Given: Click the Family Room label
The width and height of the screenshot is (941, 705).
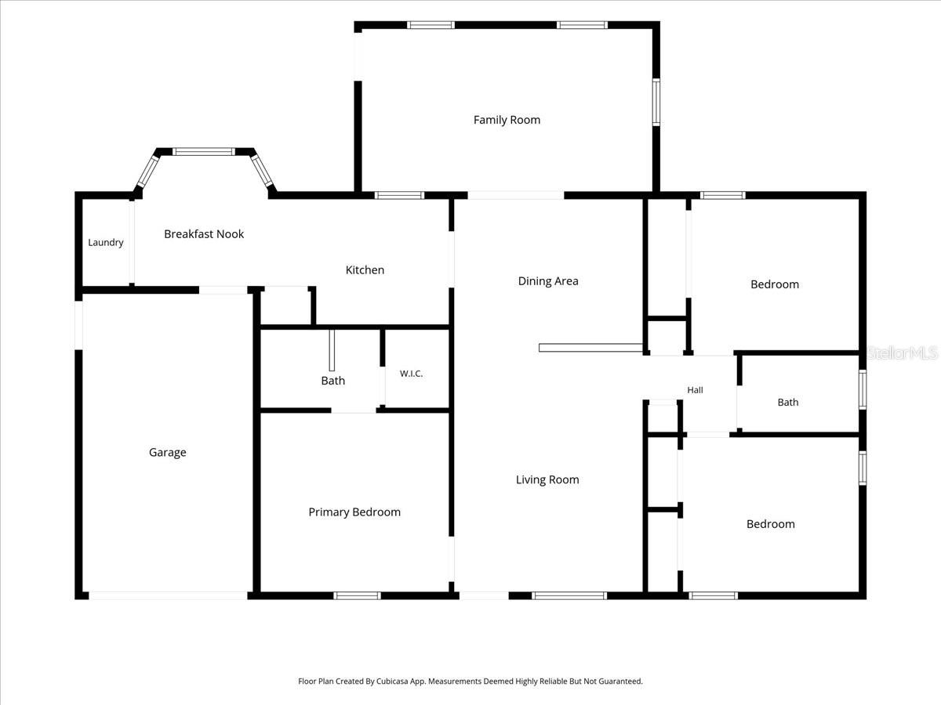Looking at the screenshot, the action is (x=507, y=120).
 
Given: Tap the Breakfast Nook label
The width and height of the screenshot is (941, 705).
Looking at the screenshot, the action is (x=204, y=234).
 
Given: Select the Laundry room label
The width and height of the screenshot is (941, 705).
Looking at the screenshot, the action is (x=105, y=243).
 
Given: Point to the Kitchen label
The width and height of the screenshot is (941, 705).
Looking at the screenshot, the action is (x=365, y=270).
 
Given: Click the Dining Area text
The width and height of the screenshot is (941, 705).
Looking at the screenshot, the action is (x=548, y=281).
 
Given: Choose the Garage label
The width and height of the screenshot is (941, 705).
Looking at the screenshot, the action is (x=168, y=453).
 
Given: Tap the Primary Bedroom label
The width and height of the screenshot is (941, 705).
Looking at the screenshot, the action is (x=354, y=512).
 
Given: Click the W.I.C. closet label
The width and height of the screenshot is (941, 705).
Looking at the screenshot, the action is (x=411, y=374).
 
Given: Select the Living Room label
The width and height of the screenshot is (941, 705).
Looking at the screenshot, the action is (x=547, y=480).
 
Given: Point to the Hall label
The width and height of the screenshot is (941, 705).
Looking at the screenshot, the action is (x=695, y=390).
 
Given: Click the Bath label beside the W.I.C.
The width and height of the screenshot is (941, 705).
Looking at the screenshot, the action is (x=333, y=381).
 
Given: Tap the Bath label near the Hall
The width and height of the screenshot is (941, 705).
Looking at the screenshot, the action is (x=788, y=403).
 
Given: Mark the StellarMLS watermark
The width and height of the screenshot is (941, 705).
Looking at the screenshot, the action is (x=902, y=353).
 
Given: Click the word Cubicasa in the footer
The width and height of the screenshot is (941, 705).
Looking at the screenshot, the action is (x=393, y=681).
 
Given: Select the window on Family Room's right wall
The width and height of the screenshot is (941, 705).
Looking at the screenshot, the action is (x=656, y=102).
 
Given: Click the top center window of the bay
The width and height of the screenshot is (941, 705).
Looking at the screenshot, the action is (x=204, y=151).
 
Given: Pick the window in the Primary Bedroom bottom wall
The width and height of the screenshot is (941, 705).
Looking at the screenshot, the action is (x=357, y=595).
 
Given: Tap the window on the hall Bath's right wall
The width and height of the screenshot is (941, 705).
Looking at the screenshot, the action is (x=862, y=389).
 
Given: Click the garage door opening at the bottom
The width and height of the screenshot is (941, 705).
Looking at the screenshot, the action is (x=168, y=595).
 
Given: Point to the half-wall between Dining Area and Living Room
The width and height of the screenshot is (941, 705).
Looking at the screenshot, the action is (x=590, y=348).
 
